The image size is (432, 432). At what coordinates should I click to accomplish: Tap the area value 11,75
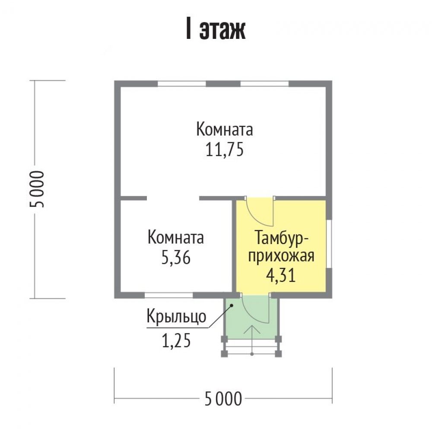[x=225, y=150]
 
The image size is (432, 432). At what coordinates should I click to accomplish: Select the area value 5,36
[x=176, y=258]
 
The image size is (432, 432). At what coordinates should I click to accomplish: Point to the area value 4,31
[x=281, y=275]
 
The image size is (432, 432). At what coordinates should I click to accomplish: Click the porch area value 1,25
[x=176, y=341]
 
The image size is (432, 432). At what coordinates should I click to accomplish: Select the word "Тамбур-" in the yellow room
[x=282, y=238]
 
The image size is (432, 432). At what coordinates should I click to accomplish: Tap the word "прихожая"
[x=281, y=257]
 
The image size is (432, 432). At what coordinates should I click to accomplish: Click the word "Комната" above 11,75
[x=225, y=130]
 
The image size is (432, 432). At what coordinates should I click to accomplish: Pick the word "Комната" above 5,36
[x=176, y=238]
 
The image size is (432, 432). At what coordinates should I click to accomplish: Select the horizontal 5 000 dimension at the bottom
[x=223, y=399]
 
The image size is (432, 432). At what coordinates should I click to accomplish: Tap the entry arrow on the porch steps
[x=252, y=340]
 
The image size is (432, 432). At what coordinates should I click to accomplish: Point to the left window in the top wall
[x=181, y=83]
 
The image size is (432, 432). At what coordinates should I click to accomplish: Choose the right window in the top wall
[x=264, y=83]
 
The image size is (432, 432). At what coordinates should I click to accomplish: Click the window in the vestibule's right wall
[x=329, y=243]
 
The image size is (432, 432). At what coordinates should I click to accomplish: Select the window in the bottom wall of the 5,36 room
[x=168, y=295]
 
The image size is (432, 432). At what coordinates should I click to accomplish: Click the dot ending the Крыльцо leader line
[x=232, y=305]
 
